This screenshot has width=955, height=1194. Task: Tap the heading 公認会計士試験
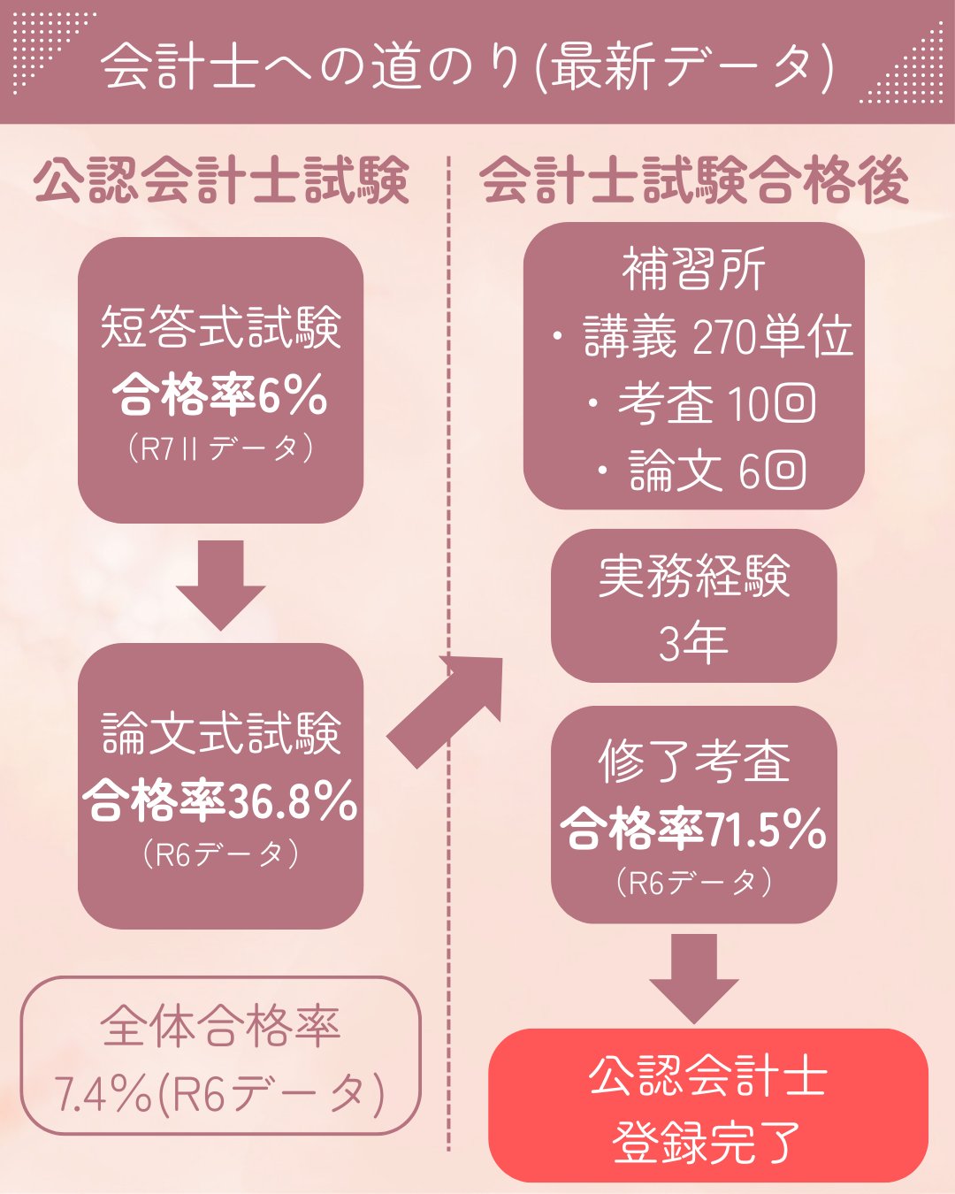click(x=221, y=180)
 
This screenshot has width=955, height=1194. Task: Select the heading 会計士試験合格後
click(x=694, y=180)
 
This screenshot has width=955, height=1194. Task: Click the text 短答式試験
click(x=221, y=327)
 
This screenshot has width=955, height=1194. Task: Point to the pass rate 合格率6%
click(x=221, y=394)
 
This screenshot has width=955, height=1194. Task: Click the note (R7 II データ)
click(x=221, y=448)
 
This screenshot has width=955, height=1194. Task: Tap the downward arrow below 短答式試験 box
click(x=221, y=584)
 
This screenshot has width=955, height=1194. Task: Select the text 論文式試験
click(x=221, y=733)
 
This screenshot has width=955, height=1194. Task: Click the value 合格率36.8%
click(x=221, y=801)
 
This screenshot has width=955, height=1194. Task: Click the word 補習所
click(x=694, y=269)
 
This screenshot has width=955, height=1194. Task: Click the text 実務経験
click(x=694, y=576)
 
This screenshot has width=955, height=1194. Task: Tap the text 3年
click(x=694, y=643)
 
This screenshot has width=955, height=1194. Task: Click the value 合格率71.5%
click(x=694, y=829)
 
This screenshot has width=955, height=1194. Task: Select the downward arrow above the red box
click(x=694, y=977)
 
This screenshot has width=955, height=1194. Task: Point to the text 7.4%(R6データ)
click(x=221, y=1094)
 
